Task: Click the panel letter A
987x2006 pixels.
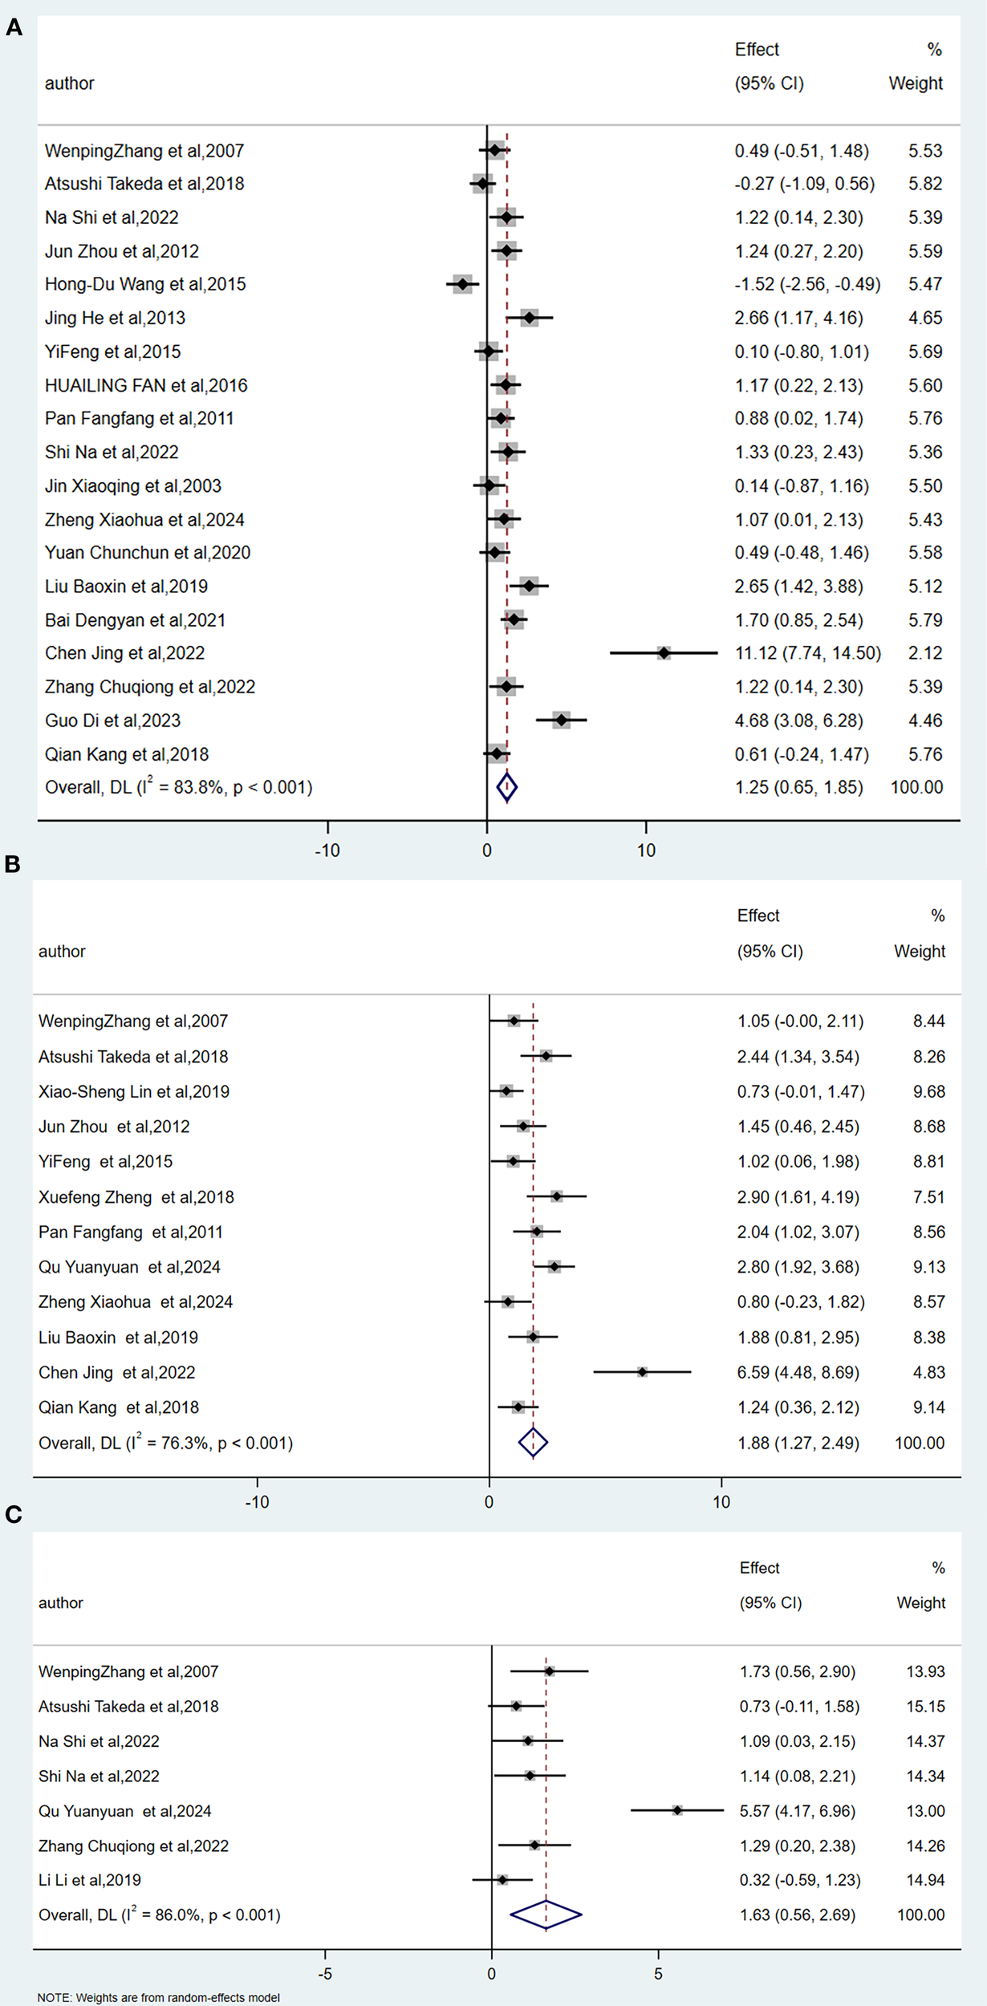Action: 14,29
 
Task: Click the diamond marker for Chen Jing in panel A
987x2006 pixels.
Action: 664,653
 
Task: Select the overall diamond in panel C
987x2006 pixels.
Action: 546,1915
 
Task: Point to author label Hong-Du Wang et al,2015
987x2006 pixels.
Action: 145,284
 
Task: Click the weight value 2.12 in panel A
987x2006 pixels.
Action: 925,653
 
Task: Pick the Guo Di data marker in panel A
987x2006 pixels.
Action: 561,721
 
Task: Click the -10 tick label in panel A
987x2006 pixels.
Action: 327,851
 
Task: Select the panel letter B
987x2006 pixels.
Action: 12,864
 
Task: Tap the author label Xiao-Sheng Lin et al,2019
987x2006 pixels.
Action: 134,1091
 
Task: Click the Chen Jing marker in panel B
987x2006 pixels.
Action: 643,1372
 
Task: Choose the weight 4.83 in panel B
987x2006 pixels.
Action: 928,1372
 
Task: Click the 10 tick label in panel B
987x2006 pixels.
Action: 721,1501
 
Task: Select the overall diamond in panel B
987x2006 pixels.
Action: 533,1443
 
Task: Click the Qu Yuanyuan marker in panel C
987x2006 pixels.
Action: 677,1810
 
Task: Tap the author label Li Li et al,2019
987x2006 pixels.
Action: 90,1880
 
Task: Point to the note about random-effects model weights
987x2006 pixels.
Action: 158,1997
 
